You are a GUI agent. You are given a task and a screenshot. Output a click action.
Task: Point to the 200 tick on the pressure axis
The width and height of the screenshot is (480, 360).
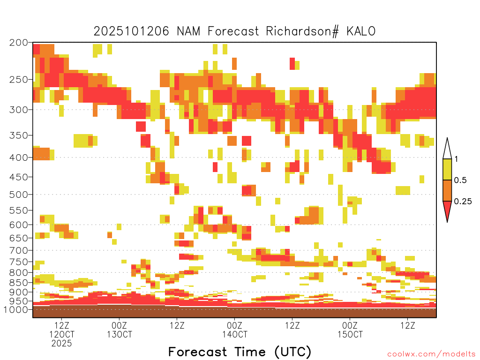(x=18, y=43)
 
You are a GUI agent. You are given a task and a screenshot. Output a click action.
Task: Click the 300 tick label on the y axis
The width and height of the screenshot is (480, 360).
(x=18, y=110)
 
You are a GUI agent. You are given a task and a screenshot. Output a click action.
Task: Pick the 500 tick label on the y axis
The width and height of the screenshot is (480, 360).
(x=18, y=194)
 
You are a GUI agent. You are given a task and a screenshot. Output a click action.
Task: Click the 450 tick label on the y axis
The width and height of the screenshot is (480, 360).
(x=18, y=177)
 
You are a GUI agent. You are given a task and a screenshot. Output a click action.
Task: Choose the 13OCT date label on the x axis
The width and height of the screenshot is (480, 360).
(x=119, y=335)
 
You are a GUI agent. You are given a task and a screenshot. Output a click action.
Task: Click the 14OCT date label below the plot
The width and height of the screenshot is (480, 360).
(x=234, y=335)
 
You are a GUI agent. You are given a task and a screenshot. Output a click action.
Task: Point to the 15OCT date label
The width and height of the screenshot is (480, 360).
(x=350, y=335)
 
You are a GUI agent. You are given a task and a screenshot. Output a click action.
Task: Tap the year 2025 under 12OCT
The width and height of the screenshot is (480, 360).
(x=62, y=343)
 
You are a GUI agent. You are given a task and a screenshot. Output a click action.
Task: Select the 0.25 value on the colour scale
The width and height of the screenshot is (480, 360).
(x=463, y=202)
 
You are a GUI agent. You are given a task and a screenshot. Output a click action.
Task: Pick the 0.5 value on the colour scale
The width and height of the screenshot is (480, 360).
(x=460, y=180)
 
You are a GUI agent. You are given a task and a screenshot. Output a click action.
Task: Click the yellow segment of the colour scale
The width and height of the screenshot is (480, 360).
(x=447, y=170)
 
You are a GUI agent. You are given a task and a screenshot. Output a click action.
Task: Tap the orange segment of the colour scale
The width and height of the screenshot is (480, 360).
(x=447, y=191)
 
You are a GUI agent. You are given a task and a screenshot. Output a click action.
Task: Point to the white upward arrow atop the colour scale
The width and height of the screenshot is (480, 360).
(x=447, y=149)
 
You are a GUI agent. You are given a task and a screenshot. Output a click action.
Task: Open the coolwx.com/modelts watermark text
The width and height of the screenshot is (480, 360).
(x=431, y=353)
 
